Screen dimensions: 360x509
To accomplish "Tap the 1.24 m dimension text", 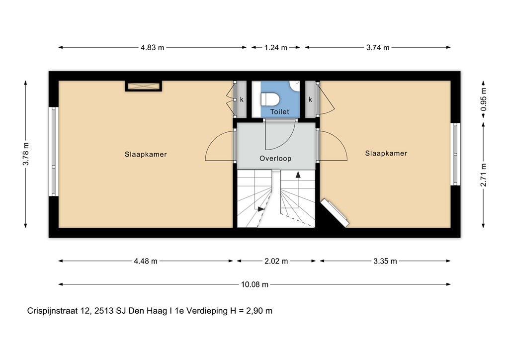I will pyautogui.click(x=276, y=48).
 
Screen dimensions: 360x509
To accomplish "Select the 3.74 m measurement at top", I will pyautogui.click(x=377, y=48).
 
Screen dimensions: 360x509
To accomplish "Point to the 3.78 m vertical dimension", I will pyautogui.click(x=26, y=154).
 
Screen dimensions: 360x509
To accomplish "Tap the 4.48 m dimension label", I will pyautogui.click(x=146, y=261).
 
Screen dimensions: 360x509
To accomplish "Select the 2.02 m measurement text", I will pyautogui.click(x=276, y=261).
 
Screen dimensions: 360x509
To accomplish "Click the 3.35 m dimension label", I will pyautogui.click(x=385, y=261).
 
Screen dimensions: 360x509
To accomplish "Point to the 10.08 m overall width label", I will pyautogui.click(x=254, y=284).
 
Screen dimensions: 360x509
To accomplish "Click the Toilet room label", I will pyautogui.click(x=279, y=112).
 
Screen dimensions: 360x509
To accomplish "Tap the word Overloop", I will pyautogui.click(x=275, y=159).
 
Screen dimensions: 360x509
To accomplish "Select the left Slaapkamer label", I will pyautogui.click(x=146, y=154).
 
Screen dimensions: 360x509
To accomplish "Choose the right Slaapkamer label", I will pyautogui.click(x=386, y=153).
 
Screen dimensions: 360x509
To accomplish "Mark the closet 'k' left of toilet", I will pyautogui.click(x=242, y=99).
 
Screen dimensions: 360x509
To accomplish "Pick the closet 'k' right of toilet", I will pyautogui.click(x=310, y=99).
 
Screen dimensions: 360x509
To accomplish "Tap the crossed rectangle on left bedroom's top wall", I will pyautogui.click(x=143, y=87).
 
